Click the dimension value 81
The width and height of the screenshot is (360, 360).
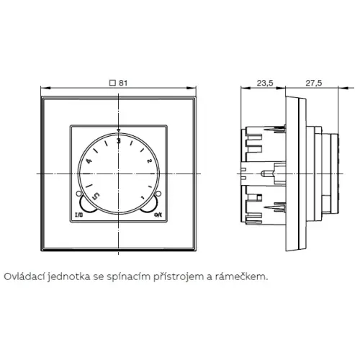pyautogui.click(x=123, y=83)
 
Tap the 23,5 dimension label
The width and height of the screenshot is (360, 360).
pyautogui.click(x=265, y=83)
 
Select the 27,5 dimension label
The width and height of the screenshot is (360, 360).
pyautogui.click(x=314, y=83)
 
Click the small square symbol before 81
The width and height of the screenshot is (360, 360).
pyautogui.click(x=112, y=83)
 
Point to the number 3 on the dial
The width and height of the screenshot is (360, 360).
pyautogui.click(x=119, y=141)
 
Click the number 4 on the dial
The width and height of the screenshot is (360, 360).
pyautogui.click(x=89, y=161)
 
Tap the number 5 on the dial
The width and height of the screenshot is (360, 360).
pyautogui.click(x=96, y=196)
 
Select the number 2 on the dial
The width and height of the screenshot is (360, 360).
pyautogui.click(x=149, y=161)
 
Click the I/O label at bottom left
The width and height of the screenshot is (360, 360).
pyautogui.click(x=79, y=215)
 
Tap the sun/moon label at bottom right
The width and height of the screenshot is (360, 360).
pyautogui.click(x=158, y=215)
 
